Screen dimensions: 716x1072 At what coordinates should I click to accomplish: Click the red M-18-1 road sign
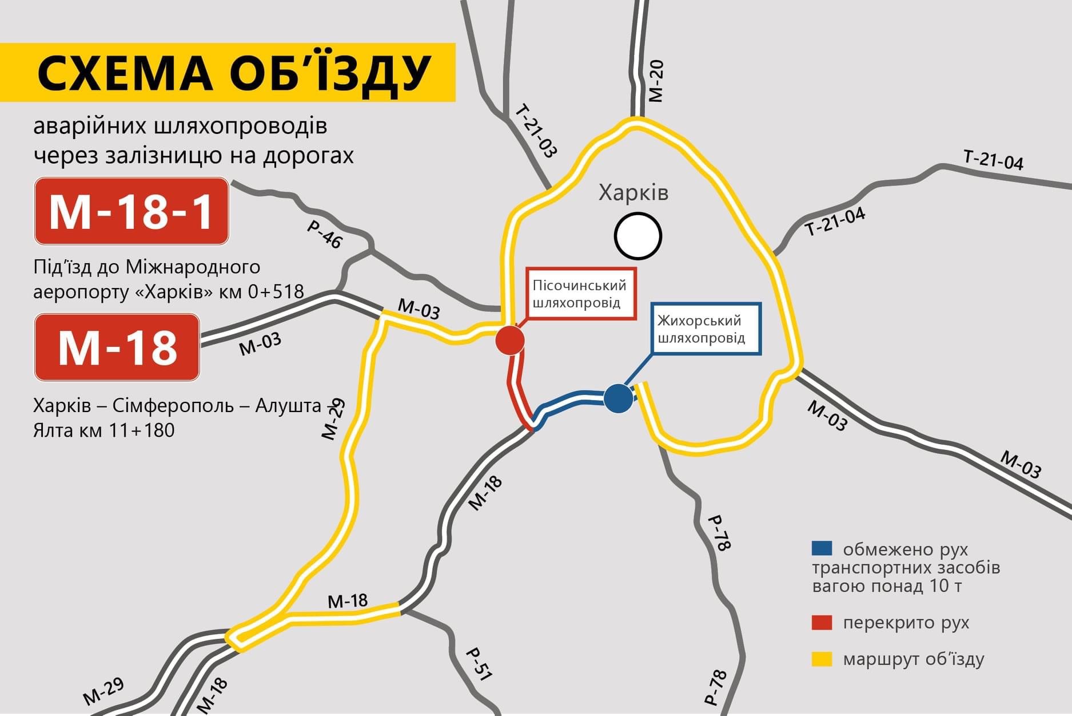pyautogui.click(x=131, y=211)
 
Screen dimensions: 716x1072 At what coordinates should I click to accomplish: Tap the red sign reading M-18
pyautogui.click(x=117, y=347)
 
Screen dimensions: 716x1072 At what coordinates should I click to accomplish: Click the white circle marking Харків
pyautogui.click(x=638, y=236)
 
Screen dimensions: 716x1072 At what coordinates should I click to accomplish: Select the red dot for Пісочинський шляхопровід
pyautogui.click(x=510, y=341)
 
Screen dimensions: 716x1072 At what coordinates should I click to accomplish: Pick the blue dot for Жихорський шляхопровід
pyautogui.click(x=618, y=398)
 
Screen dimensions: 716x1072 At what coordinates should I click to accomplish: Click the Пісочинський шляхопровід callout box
pyautogui.click(x=580, y=294)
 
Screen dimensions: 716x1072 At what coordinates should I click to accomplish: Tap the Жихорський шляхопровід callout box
pyautogui.click(x=706, y=329)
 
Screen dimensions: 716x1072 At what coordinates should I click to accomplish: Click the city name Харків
pyautogui.click(x=633, y=193)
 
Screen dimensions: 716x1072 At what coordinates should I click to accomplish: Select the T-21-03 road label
pyautogui.click(x=536, y=131)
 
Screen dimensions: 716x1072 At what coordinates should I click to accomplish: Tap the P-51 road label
pyautogui.click(x=479, y=664)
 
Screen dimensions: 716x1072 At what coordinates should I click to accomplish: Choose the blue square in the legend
pyautogui.click(x=822, y=549)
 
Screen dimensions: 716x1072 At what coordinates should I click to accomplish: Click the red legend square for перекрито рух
pyautogui.click(x=822, y=623)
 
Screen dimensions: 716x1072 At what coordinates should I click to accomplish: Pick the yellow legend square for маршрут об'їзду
pyautogui.click(x=822, y=659)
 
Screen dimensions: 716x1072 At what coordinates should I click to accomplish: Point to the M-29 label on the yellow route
pyautogui.click(x=333, y=419)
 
